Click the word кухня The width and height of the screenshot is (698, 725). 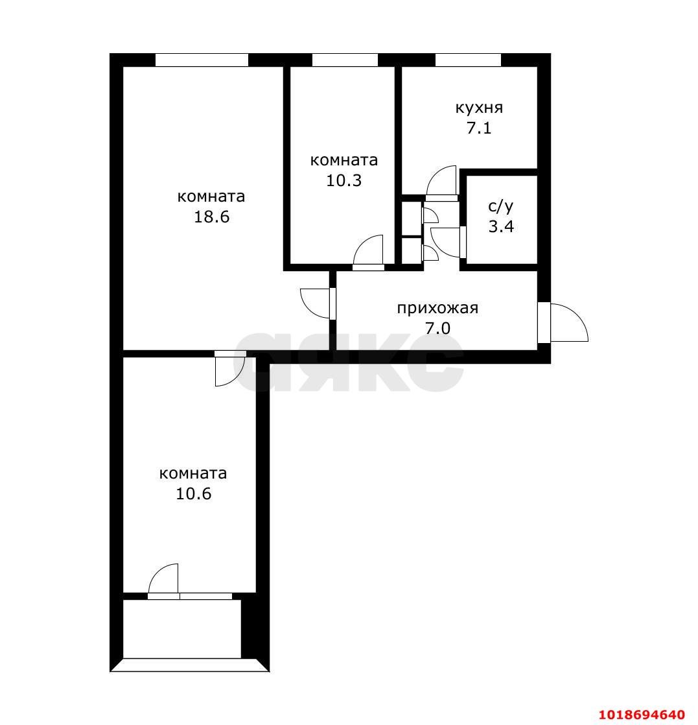pyautogui.click(x=479, y=108)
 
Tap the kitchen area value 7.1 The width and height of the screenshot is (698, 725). pyautogui.click(x=479, y=128)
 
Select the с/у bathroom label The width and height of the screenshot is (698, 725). pyautogui.click(x=500, y=207)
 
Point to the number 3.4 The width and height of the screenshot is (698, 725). pyautogui.click(x=501, y=227)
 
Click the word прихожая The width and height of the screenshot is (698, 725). pyautogui.click(x=437, y=309)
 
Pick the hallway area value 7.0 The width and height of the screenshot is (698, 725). pyautogui.click(x=437, y=329)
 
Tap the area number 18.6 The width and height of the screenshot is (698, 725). pyautogui.click(x=211, y=217)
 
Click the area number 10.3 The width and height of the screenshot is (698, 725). pyautogui.click(x=344, y=180)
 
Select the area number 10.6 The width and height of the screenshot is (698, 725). pyautogui.click(x=193, y=493)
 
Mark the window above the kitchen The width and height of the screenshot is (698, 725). pyautogui.click(x=468, y=60)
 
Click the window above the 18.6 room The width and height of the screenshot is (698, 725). pyautogui.click(x=202, y=60)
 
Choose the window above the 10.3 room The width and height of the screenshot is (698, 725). pyautogui.click(x=345, y=60)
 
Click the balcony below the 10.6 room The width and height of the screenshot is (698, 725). pyautogui.click(x=181, y=629)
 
